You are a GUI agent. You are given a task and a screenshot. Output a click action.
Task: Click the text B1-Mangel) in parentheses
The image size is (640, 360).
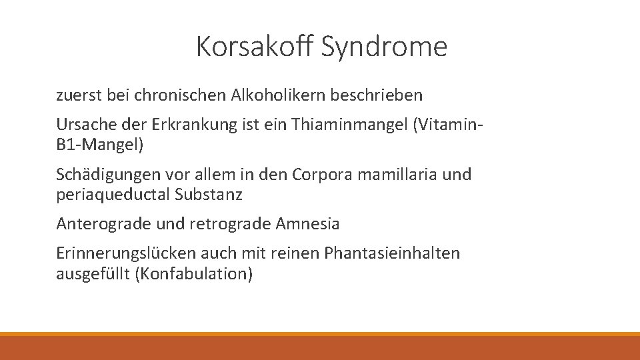pyautogui.click(x=100, y=143)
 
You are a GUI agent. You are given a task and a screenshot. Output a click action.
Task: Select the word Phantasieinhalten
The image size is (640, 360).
pyautogui.click(x=391, y=254)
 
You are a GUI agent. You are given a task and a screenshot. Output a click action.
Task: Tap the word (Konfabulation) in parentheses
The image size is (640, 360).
pyautogui.click(x=193, y=273)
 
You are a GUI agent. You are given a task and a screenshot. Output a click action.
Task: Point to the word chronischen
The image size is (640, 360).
pyautogui.click(x=180, y=95)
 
